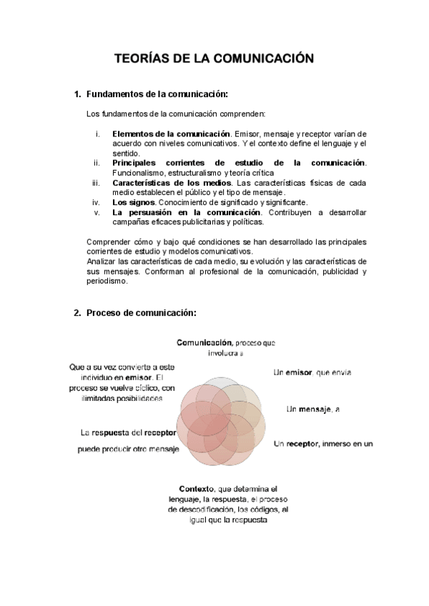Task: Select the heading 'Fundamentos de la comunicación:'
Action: click(x=156, y=94)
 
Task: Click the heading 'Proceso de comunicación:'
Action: click(x=140, y=313)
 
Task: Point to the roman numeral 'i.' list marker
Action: click(x=97, y=134)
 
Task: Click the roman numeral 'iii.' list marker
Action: click(x=96, y=182)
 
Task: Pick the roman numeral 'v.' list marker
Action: click(x=97, y=212)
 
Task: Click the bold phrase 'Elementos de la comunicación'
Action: click(x=170, y=134)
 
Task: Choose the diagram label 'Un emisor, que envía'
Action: click(x=312, y=372)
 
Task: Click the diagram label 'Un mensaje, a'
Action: click(x=312, y=409)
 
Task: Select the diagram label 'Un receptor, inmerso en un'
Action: click(x=323, y=444)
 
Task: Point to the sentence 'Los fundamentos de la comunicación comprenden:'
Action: click(x=175, y=114)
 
